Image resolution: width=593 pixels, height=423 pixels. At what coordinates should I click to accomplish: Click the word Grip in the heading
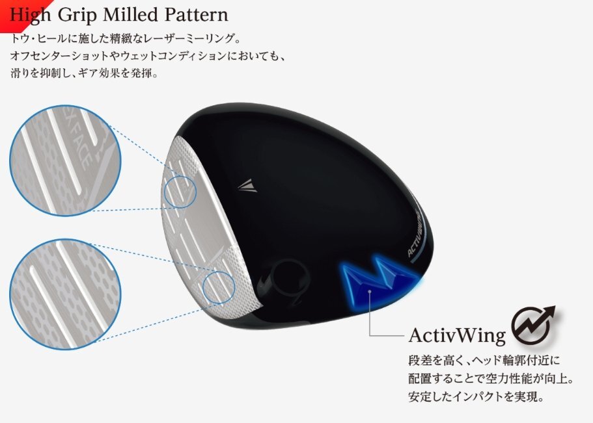click(x=77, y=16)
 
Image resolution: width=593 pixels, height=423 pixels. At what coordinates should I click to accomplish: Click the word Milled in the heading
click(x=130, y=15)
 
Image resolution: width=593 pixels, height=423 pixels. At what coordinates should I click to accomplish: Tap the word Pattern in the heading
click(x=197, y=15)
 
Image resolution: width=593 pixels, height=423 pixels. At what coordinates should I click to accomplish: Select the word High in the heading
click(x=30, y=16)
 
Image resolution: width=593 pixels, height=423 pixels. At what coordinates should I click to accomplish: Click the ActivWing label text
click(x=457, y=335)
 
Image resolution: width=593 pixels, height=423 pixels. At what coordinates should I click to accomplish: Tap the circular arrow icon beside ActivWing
click(x=533, y=325)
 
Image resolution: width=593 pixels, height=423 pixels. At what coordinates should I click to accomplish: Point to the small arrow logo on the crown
click(x=248, y=185)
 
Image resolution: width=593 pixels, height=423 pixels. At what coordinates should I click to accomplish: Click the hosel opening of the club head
click(x=289, y=278)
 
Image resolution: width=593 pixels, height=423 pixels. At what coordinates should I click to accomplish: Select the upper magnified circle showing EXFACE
click(x=66, y=160)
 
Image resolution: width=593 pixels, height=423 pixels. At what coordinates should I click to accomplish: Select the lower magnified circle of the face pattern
click(x=66, y=294)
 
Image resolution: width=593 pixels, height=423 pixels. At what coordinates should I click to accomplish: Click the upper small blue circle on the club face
click(x=181, y=192)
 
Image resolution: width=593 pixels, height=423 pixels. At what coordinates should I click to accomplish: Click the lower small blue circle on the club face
click(x=219, y=287)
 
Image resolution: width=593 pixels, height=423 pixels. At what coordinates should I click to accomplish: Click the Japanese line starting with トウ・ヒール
click(x=126, y=38)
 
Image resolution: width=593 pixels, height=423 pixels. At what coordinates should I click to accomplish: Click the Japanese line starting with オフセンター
click(x=148, y=56)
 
